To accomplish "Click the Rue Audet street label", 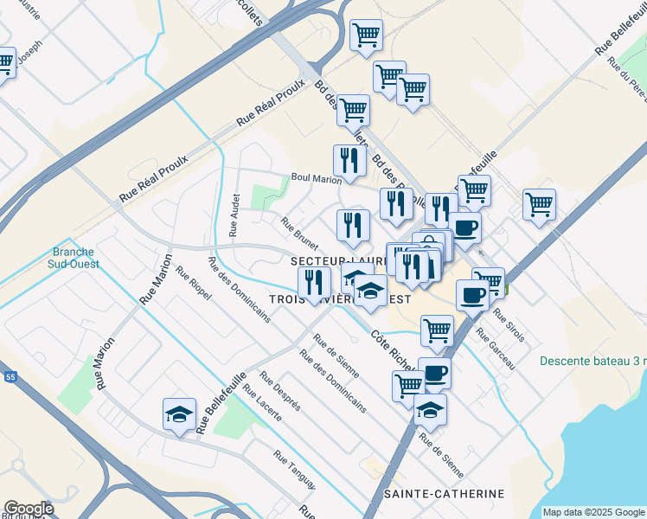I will (x=234, y=215).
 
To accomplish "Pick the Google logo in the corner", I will (x=29, y=509).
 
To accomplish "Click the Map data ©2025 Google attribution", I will (x=594, y=512).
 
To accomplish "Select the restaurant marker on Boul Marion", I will (x=349, y=160).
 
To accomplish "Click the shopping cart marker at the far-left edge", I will (x=4, y=62).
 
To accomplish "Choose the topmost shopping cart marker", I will (x=367, y=35).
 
